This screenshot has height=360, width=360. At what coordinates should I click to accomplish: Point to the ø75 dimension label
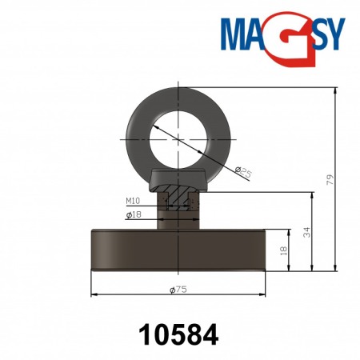click(x=178, y=290)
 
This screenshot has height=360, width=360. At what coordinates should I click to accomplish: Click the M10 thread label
click(x=133, y=202)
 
